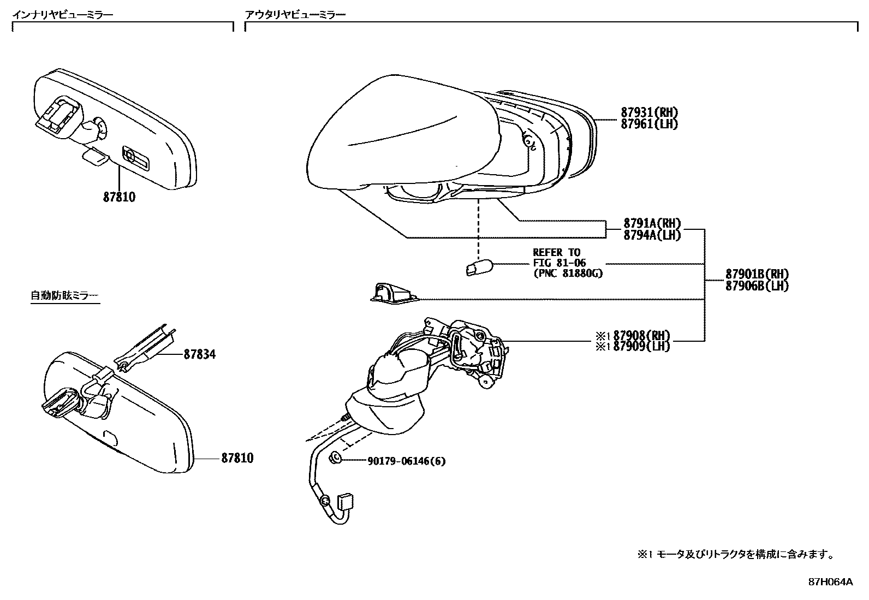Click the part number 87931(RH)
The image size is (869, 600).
pos(649,112)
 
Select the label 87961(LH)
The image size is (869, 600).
pos(649,124)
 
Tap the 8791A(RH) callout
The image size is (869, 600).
pos(652,223)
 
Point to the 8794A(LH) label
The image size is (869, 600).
pos(652,235)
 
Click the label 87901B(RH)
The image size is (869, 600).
pos(757,274)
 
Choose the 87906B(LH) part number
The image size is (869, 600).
pos(757,286)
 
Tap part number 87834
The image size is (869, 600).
pos(199,354)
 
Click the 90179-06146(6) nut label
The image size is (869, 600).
pos(406,461)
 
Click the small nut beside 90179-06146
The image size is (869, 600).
pos(336,459)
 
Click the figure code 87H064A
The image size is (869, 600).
pos(830,582)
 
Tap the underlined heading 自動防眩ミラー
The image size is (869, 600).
pos(64,296)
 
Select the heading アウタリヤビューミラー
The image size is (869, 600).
pos(295,15)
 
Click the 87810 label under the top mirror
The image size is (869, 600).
pos(119,197)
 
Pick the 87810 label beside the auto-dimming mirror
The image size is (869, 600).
pos(237,458)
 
